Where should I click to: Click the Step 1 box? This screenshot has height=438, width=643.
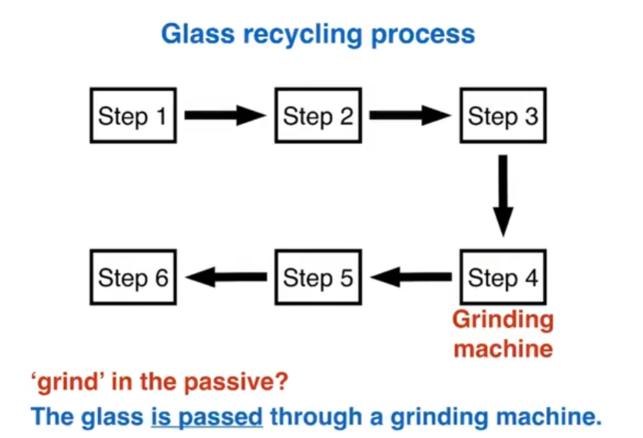132,116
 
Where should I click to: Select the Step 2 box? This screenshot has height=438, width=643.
318,116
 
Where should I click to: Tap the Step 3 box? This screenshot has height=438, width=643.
503,116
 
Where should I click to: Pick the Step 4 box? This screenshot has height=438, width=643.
503,277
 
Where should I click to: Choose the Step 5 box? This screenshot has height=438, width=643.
318,277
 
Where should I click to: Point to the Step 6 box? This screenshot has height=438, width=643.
133,277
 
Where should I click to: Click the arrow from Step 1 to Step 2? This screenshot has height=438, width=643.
224,116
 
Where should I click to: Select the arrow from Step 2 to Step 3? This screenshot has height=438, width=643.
409,116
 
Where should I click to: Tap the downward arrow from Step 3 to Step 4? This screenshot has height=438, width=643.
503,195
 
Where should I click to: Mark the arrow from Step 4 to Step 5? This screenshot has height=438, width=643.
411,277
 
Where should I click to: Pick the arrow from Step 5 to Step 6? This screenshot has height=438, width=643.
226,277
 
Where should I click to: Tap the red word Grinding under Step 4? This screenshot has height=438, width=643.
503,320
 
